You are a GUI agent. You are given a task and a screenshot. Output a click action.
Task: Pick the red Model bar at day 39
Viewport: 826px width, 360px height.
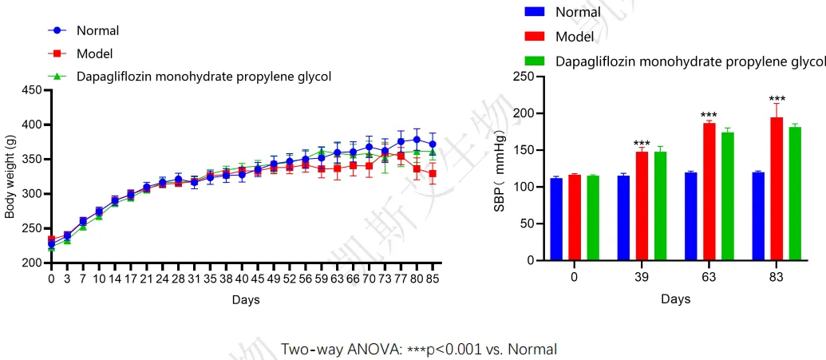642,206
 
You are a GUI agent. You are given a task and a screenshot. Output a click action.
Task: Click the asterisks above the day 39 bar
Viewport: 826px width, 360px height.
642,140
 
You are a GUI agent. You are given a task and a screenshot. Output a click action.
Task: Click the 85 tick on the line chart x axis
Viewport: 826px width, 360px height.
433,279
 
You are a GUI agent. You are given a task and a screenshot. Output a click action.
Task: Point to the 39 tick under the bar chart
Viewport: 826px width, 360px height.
642,277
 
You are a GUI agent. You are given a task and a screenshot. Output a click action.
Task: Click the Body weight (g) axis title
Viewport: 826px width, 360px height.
10,176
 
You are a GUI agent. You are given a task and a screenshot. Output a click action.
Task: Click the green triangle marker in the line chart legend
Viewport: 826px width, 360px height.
57,77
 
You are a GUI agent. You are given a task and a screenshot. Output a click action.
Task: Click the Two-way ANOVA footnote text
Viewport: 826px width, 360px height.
418,349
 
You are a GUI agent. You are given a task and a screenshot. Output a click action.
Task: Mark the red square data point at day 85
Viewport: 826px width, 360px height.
433,173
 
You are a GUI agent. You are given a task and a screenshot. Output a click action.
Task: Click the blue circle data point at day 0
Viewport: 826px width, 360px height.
51,244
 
